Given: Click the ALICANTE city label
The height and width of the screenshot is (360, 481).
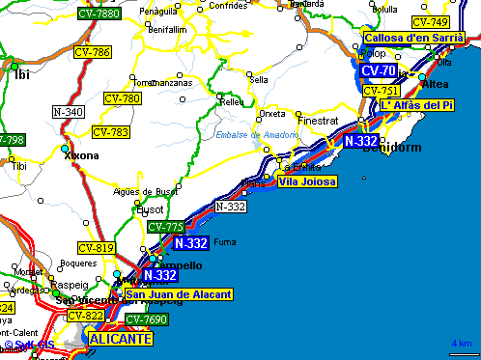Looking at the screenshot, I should pyautogui.click(x=120, y=340).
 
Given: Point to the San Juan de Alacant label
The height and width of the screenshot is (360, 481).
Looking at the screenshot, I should pyautogui.click(x=178, y=293).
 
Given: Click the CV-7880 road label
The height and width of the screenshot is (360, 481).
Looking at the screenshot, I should pyautogui.click(x=98, y=14).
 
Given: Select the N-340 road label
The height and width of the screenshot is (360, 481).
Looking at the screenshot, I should pyautogui.click(x=68, y=112).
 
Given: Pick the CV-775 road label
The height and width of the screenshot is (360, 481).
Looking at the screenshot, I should pyautogui.click(x=165, y=227).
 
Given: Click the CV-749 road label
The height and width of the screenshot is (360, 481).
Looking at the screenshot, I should pyautogui.click(x=430, y=22).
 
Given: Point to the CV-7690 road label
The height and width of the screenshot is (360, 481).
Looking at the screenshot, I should pyautogui.click(x=147, y=319).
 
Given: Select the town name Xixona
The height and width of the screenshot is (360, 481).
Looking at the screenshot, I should pyautogui.click(x=80, y=155).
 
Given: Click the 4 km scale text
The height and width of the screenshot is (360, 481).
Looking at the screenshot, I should pyautogui.click(x=461, y=344).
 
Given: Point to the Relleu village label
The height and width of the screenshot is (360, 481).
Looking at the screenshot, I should pyautogui.click(x=233, y=101).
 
